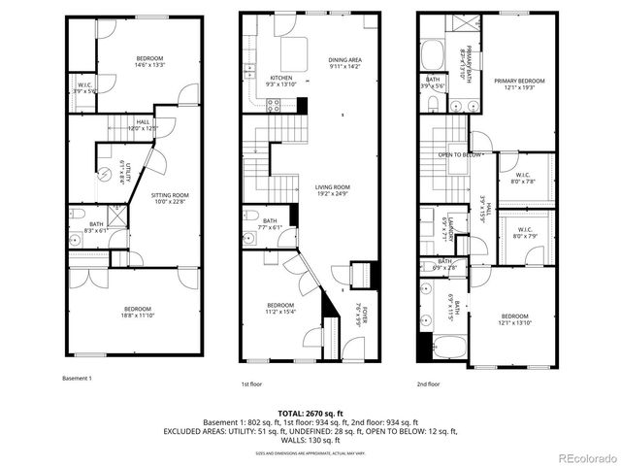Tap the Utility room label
coord(128,175)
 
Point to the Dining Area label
coord(344,60)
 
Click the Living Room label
coord(332,187)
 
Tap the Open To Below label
coord(460,155)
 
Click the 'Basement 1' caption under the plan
coord(77,378)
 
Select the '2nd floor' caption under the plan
coord(429,384)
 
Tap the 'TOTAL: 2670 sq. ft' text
coord(310,413)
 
